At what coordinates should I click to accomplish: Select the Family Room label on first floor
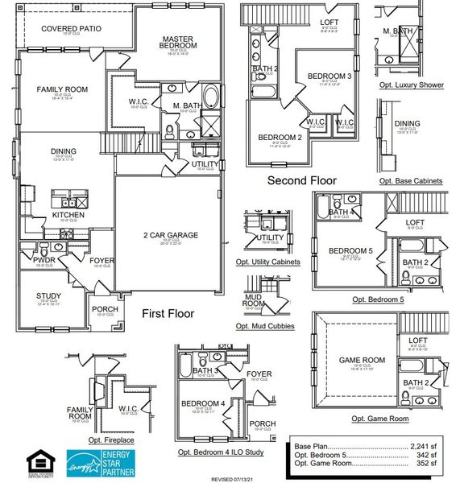[62, 89]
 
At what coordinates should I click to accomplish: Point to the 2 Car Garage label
[170, 235]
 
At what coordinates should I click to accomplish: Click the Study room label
[48, 295]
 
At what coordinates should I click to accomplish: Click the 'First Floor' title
[168, 314]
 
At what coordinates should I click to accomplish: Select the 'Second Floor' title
[301, 181]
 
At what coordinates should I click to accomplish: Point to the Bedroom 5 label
[350, 251]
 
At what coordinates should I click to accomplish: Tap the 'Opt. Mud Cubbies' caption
[265, 326]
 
